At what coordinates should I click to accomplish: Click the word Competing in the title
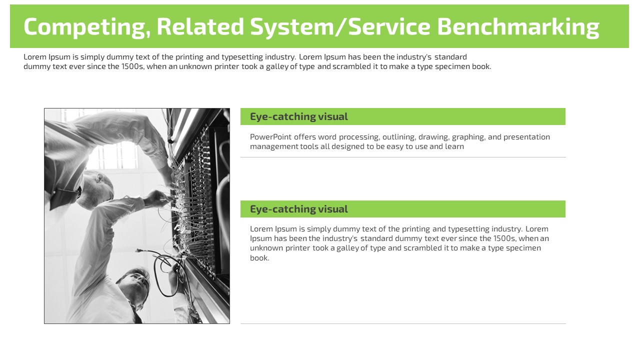coord(87,27)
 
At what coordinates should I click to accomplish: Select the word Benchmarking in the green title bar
coord(518,27)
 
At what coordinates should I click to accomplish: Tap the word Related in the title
coord(200,26)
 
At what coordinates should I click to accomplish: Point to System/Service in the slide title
coord(340,27)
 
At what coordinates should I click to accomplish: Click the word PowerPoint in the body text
coord(271,137)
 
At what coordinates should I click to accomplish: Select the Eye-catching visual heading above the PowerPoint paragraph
coord(299,117)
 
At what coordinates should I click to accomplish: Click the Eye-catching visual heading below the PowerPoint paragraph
coord(299,209)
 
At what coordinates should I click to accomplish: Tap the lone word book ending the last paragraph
coord(259,257)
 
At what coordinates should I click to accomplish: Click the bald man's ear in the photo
coord(99,178)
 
